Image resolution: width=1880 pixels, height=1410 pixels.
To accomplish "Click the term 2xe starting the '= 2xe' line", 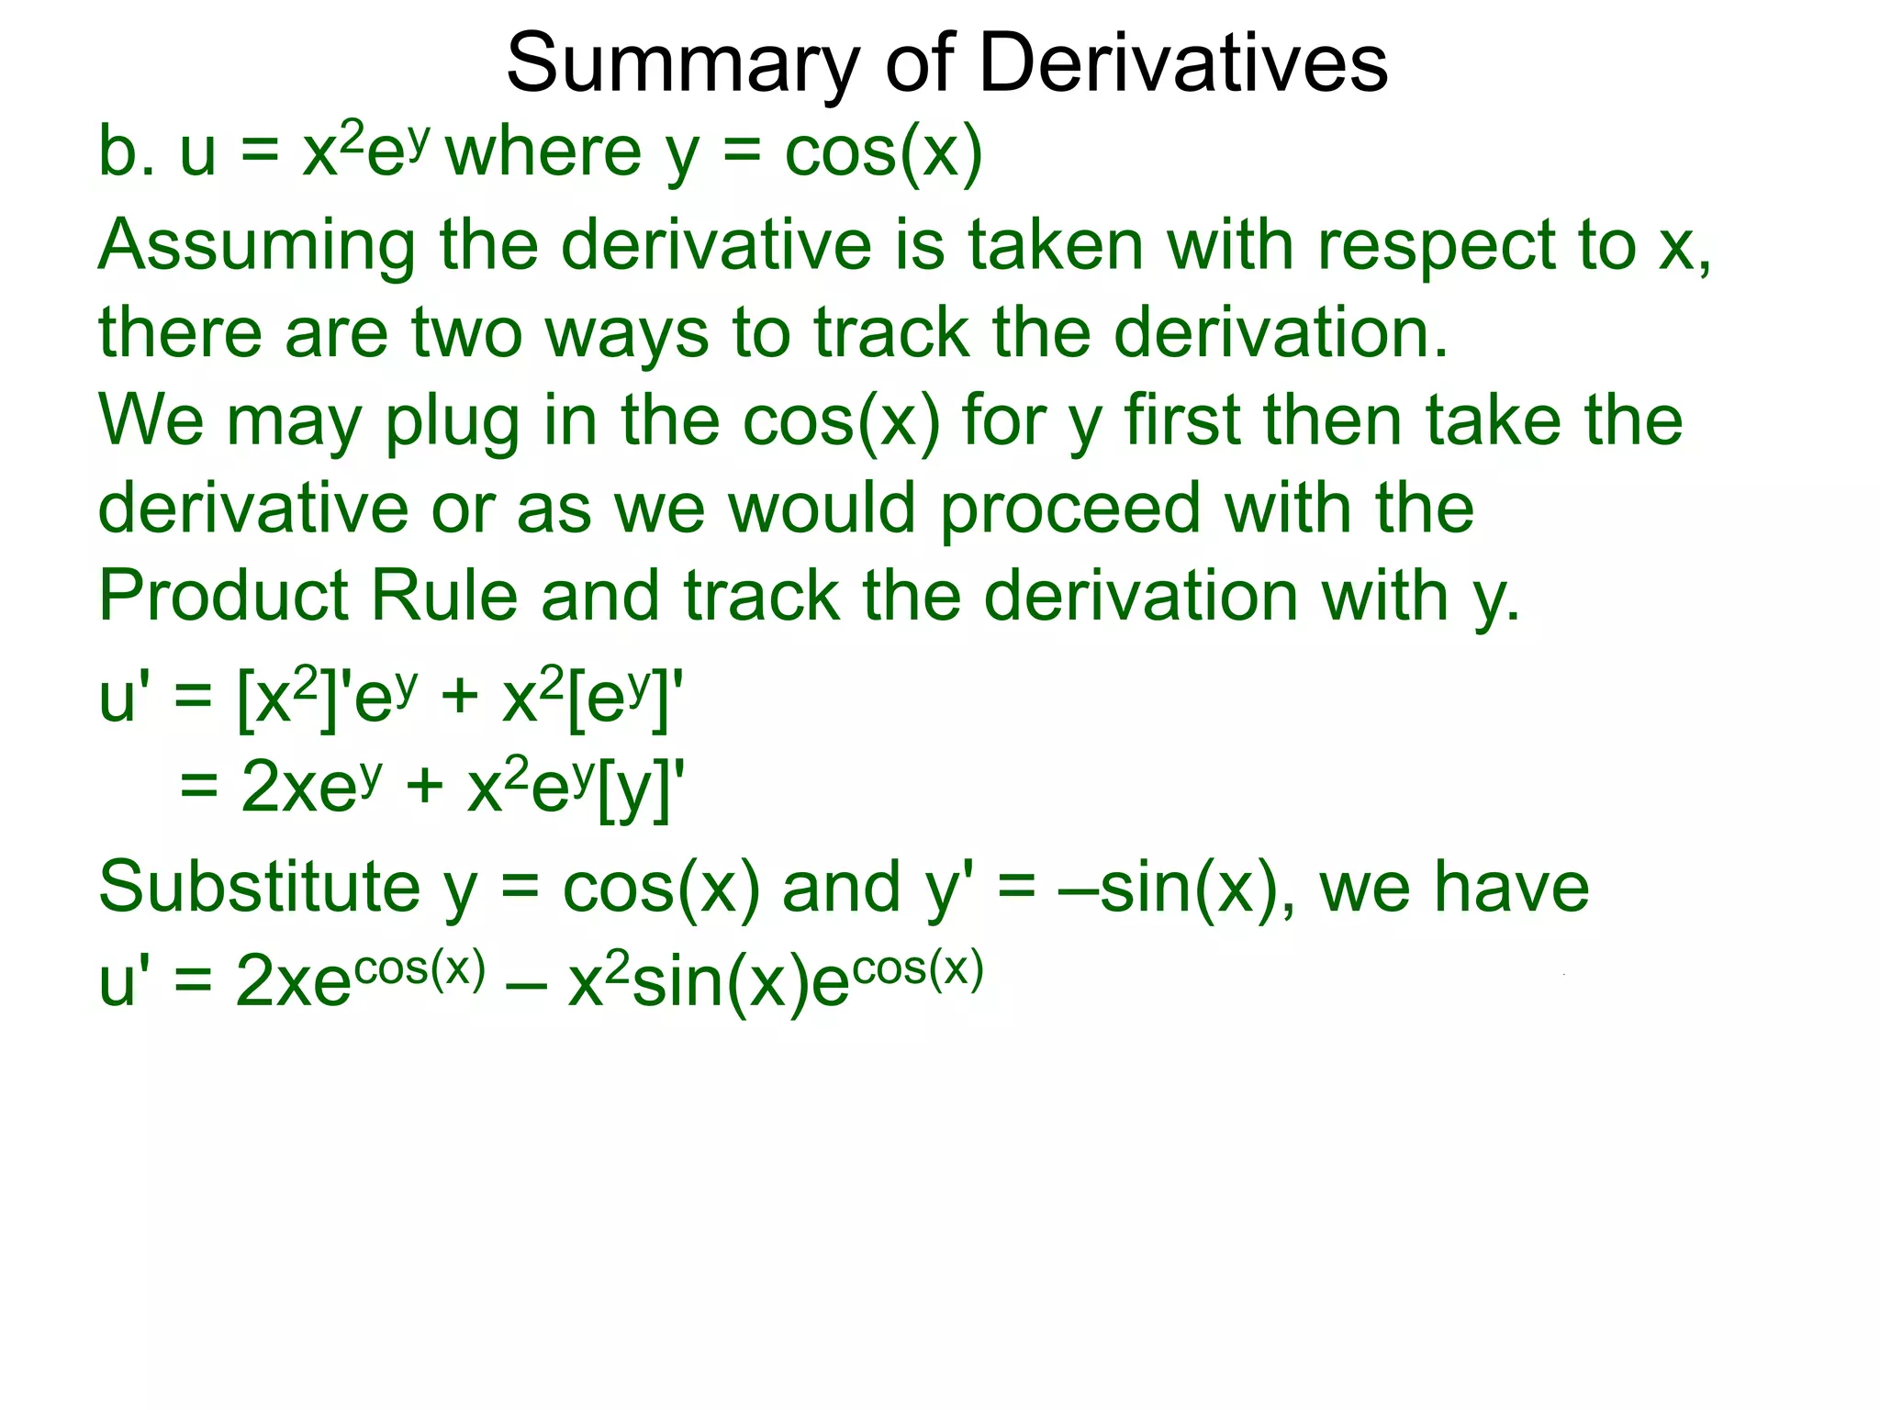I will point(297,789).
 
